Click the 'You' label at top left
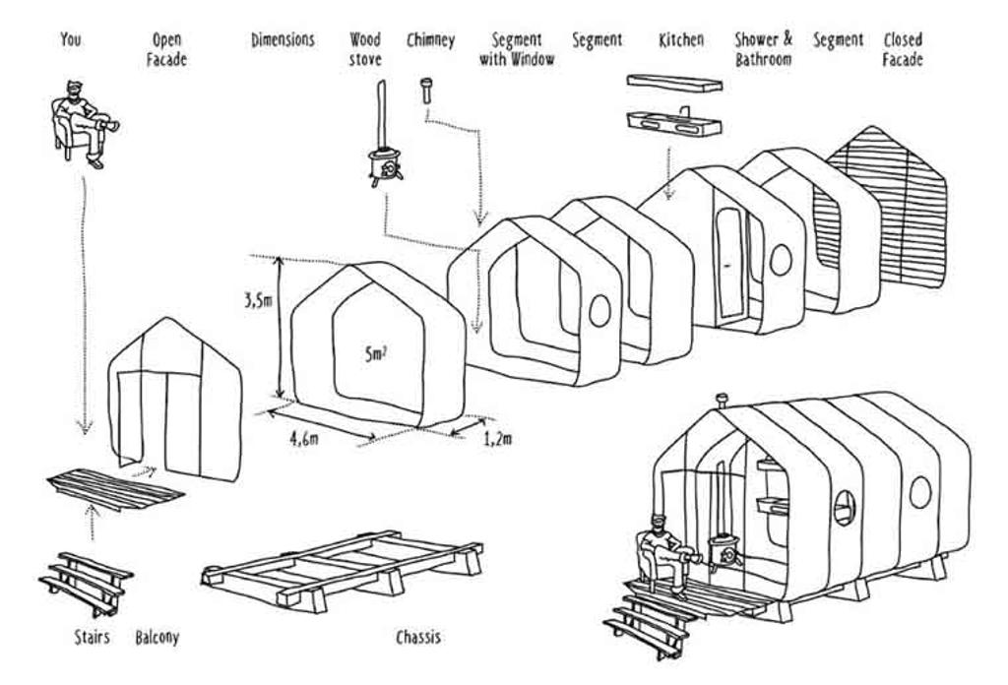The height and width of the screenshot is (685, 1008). [70, 40]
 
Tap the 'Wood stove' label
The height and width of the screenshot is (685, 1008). [365, 50]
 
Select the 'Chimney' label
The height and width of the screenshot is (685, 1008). [430, 40]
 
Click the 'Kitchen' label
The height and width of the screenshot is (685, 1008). [681, 40]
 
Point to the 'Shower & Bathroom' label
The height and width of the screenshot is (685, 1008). [763, 50]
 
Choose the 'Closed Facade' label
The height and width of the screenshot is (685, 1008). [903, 50]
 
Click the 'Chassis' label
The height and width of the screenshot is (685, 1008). [418, 638]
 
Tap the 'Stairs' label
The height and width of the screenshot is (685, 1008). [92, 638]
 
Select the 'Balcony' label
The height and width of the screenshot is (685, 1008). [157, 638]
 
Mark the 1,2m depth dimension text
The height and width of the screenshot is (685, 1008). [498, 439]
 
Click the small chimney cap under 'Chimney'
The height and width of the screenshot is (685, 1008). [426, 91]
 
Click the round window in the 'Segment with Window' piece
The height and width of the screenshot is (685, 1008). [598, 311]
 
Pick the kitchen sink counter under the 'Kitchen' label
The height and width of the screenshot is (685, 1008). [674, 124]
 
